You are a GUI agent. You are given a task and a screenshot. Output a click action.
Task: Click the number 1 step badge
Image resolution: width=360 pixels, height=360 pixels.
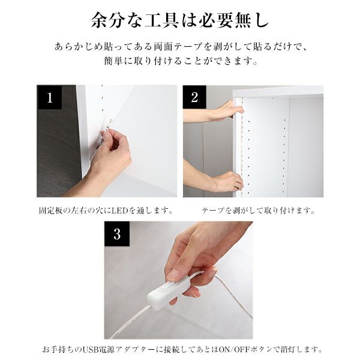[x=49, y=97]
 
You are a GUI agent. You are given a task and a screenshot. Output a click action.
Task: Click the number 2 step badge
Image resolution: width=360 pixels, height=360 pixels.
[x=194, y=97]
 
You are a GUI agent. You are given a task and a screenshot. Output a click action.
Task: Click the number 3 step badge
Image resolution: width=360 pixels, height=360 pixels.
[x=117, y=234]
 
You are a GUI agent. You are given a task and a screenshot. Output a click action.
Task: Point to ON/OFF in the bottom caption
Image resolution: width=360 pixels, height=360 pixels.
[x=234, y=349]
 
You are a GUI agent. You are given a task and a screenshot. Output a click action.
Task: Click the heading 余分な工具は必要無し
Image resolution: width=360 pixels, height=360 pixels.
[x=180, y=20]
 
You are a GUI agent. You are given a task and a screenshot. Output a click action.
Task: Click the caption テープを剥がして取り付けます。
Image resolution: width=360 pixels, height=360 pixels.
[x=259, y=211]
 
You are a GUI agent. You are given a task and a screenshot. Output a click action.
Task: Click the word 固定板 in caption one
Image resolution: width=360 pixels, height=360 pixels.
[x=50, y=211]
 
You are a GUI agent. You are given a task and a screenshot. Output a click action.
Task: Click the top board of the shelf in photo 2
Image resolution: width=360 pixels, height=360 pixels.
[x=278, y=91]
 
